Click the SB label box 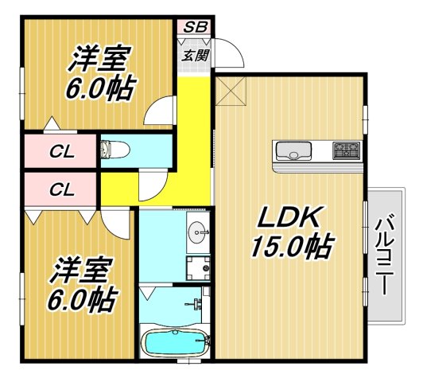pos(194,27)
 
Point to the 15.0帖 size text pos(292,247)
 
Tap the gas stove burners pos(347,149)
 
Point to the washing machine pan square pos(198,267)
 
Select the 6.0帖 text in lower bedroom pos(80,300)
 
